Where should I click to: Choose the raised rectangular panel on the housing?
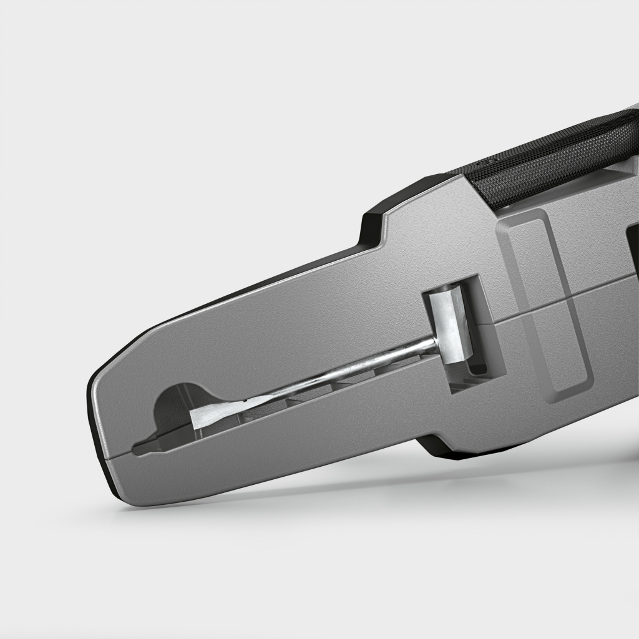[546, 300]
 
